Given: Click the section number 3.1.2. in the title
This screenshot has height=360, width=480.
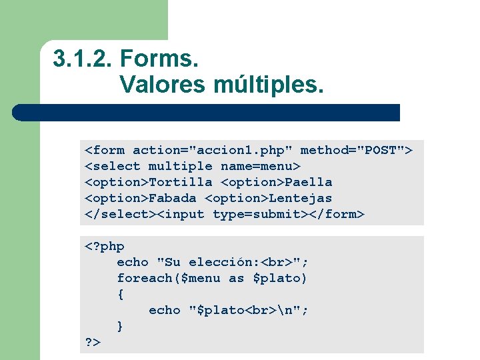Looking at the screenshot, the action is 83,60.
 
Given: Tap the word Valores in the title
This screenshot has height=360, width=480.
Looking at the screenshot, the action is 163,85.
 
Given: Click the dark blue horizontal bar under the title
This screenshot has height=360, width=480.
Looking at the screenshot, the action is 207,112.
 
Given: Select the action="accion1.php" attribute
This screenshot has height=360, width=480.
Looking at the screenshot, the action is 213,150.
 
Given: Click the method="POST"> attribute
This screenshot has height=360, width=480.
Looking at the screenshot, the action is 357,150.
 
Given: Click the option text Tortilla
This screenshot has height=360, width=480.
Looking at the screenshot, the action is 181,182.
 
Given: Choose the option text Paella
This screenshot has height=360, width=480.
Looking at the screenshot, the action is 309,182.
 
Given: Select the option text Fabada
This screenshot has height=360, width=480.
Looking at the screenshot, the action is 173,198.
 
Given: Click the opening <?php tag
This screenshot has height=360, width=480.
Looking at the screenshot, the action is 105,246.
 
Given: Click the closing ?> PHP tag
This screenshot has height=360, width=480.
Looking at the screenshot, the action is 93,342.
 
